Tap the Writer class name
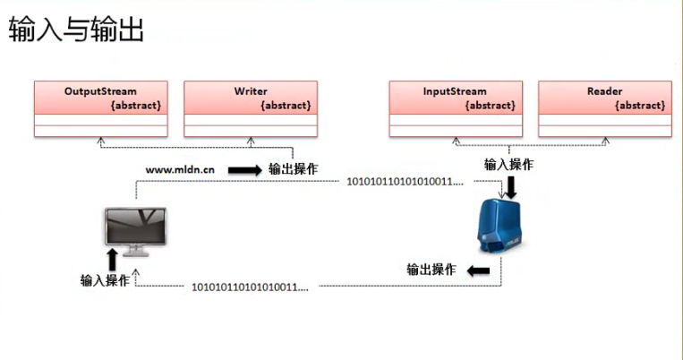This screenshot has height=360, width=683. pos(251,91)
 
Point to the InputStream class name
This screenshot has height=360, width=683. pos(455,91)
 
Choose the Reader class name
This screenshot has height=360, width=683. pos(604,91)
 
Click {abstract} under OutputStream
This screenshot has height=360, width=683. pos(135,105)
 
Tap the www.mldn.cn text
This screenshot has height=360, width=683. pos(179,169)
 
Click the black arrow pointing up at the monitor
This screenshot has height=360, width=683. pos(113,260)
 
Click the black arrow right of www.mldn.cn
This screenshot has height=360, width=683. pos(243,169)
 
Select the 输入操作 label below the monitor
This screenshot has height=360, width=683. pos(105,280)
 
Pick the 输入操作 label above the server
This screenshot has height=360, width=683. pos(509,164)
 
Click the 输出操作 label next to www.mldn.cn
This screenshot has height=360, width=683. pos(293,169)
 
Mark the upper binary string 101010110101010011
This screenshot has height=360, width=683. pos(406,183)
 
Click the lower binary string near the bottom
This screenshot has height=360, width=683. pos(250,287)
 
